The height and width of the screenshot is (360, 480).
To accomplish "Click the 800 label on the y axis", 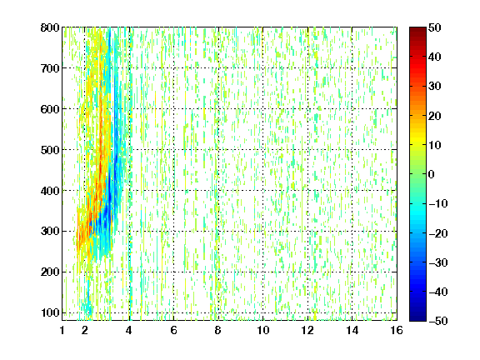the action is click(x=50, y=27).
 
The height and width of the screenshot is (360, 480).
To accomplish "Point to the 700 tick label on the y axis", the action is click(x=50, y=68).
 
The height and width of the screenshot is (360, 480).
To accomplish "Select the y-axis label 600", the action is click(x=50, y=109).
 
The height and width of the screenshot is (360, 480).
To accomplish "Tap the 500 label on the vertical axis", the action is click(x=50, y=150).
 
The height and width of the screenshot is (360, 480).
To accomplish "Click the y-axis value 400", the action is click(x=50, y=191).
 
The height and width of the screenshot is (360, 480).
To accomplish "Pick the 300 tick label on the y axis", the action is click(x=50, y=231).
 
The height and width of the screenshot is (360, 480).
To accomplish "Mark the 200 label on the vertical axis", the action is click(x=50, y=272).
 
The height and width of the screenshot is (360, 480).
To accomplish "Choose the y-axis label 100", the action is click(x=50, y=312).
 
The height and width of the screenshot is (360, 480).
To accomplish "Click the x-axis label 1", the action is click(x=62, y=330).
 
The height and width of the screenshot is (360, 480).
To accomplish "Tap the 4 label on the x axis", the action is click(x=129, y=330).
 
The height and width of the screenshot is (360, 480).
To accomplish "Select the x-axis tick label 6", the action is click(x=173, y=330).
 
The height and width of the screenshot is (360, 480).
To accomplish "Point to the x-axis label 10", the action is click(x=262, y=330).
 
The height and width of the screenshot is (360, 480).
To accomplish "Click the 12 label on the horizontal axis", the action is click(x=307, y=330).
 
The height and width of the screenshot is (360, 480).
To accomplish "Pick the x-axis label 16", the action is click(x=397, y=330).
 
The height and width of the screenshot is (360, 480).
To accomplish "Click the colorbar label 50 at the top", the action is click(x=434, y=27).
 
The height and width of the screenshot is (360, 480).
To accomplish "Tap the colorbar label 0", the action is click(x=432, y=174).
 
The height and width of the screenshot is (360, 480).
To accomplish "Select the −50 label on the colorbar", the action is click(x=438, y=321).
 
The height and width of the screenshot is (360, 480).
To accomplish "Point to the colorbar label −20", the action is click(x=438, y=233).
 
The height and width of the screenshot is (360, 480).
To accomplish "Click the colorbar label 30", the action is click(x=434, y=86).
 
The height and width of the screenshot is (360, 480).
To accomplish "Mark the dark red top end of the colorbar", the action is click(x=417, y=28).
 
